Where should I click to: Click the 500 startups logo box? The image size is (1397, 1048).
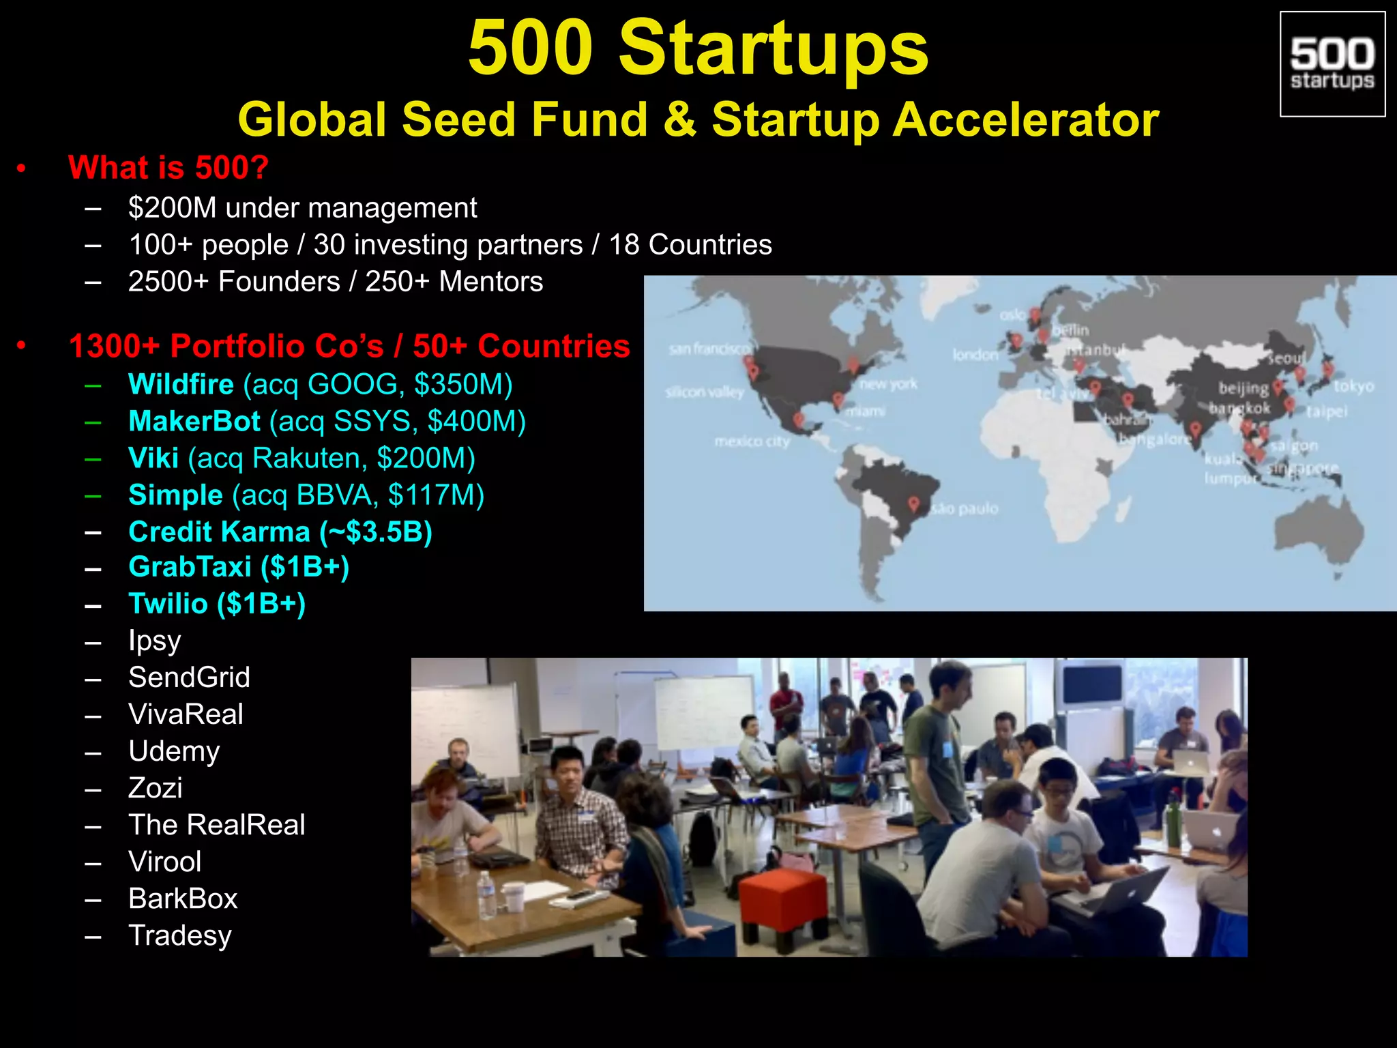[x=1332, y=64]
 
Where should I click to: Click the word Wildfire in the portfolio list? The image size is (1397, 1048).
[x=181, y=385]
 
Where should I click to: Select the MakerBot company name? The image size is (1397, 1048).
[x=194, y=422]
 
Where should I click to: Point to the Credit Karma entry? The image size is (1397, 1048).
[x=280, y=532]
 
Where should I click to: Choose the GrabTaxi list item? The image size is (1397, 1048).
[x=239, y=568]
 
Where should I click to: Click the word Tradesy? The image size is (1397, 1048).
[x=180, y=935]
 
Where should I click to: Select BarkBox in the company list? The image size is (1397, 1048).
[x=183, y=899]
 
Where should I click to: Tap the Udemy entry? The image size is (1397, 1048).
[x=174, y=751]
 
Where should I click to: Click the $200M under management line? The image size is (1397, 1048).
[x=302, y=208]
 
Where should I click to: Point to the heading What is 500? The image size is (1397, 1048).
[x=168, y=168]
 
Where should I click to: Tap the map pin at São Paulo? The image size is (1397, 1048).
[x=914, y=504]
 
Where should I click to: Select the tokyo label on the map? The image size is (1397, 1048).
[x=1353, y=387]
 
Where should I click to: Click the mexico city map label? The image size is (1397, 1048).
[x=752, y=442]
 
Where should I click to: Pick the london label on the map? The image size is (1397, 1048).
[x=975, y=355]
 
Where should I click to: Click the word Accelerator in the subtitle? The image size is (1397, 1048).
[x=1026, y=120]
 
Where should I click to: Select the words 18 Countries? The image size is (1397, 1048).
[x=690, y=245]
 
